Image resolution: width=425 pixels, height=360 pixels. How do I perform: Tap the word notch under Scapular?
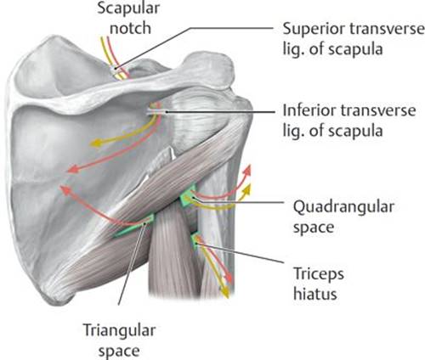tap(130, 28)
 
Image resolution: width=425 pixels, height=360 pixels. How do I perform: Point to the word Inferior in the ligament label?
tap(309, 110)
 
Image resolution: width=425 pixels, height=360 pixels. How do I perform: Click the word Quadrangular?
tap(343, 207)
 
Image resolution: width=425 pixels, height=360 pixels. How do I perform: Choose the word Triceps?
tap(319, 275)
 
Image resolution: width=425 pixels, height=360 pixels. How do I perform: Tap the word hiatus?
tap(315, 295)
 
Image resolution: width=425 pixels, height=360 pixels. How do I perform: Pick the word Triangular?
tap(119, 331)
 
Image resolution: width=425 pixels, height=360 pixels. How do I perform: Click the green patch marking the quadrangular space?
tap(188, 196)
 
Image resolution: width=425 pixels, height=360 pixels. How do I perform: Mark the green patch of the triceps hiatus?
tap(195, 240)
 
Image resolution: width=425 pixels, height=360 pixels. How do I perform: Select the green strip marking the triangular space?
tap(134, 227)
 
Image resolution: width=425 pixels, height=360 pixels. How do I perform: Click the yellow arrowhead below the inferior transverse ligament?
tap(95, 143)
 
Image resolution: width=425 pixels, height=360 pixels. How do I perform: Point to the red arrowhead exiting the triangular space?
tap(65, 190)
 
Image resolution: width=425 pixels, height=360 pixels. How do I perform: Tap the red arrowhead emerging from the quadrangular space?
tap(247, 171)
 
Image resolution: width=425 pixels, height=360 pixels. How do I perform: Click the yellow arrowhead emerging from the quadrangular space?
tap(247, 188)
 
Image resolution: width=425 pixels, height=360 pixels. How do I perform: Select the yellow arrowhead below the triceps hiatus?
tap(224, 293)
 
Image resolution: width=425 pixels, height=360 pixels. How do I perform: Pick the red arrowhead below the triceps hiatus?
tap(229, 278)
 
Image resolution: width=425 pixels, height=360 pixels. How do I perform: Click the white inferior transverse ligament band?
tap(156, 112)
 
